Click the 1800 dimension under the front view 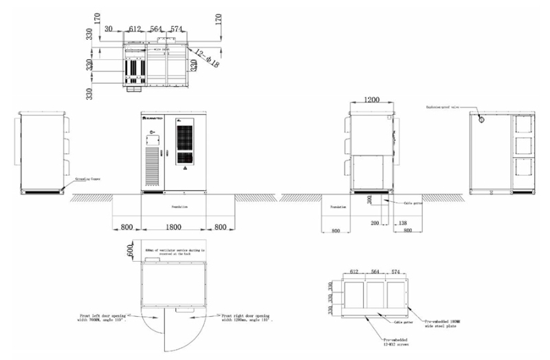click(x=173, y=225)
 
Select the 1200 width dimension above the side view click(x=371, y=100)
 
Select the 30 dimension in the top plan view click(x=109, y=29)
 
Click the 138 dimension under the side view click(x=403, y=224)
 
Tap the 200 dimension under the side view click(x=375, y=224)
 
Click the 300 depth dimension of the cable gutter click(x=369, y=199)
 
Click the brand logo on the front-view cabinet click(x=152, y=118)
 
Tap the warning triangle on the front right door click(x=184, y=166)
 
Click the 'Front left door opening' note click(x=102, y=318)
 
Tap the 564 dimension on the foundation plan click(x=375, y=272)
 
